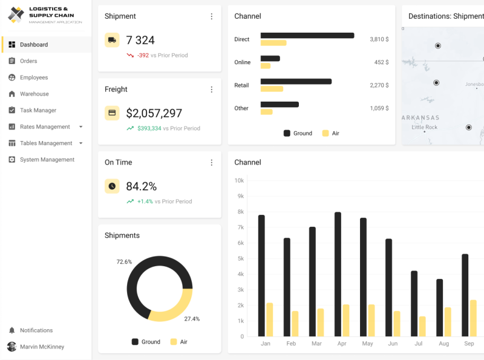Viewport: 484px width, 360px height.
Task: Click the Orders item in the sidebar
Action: tap(28, 61)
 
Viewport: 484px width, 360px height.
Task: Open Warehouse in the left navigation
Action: tap(34, 94)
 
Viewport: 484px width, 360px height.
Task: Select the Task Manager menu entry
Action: tap(38, 110)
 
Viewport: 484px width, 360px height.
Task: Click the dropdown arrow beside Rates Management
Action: tap(80, 127)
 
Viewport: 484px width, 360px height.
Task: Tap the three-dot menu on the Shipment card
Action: tap(211, 16)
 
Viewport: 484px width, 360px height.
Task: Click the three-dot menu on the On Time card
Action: tap(211, 162)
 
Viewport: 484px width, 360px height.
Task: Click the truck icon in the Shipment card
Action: tap(112, 40)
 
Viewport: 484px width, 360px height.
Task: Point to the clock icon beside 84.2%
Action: tap(112, 186)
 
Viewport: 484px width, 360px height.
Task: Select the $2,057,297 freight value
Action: tap(154, 113)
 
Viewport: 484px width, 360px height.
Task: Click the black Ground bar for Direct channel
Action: tap(307, 36)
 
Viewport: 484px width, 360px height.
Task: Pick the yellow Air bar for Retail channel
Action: tap(272, 89)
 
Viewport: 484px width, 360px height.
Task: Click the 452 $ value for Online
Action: tap(381, 62)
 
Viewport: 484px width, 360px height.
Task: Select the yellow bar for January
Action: tap(270, 319)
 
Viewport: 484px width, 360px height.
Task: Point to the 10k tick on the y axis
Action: tap(239, 181)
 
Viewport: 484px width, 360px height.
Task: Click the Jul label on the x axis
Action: tap(418, 344)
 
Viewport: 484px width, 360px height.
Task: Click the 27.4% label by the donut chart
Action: tap(192, 319)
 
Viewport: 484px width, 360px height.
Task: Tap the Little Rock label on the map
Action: tap(424, 127)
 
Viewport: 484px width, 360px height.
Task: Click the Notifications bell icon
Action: tap(12, 330)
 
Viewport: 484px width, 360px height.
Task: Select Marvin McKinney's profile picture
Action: tap(12, 347)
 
